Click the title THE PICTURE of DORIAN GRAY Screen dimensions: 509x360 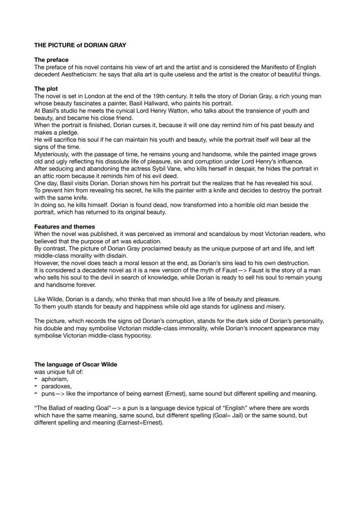80,45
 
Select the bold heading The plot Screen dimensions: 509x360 46,89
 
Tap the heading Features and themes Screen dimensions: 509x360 64,226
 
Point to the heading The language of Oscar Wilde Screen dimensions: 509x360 76,364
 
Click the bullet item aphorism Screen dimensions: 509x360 55,379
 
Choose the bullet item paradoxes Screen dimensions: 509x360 57,386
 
